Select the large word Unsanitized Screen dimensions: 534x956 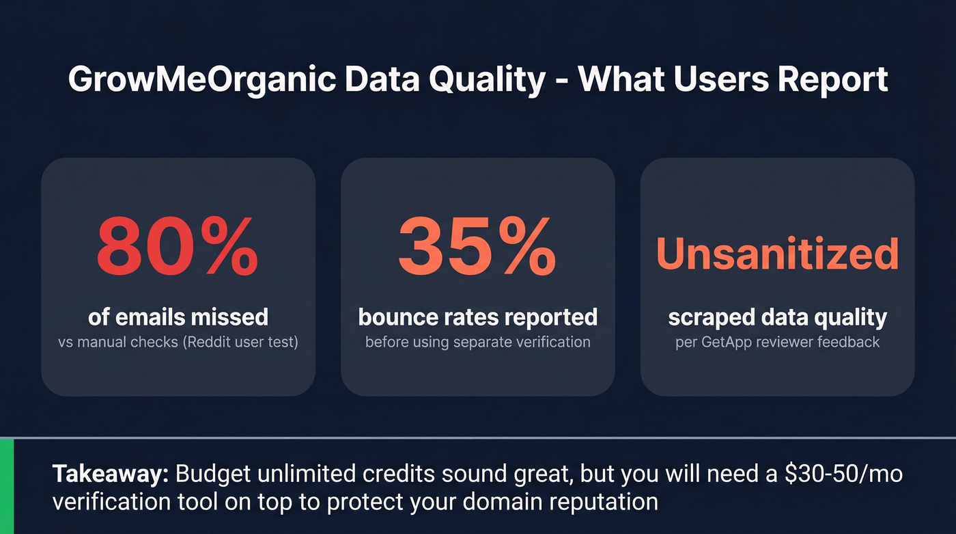pos(777,254)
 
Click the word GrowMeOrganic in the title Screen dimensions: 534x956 pos(202,80)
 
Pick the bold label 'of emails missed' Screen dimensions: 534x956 pos(178,317)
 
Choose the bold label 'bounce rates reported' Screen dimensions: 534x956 pos(477,317)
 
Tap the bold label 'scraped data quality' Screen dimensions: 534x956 pos(777,317)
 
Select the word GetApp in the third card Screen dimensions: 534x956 pos(725,342)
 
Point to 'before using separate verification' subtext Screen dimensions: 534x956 pos(477,342)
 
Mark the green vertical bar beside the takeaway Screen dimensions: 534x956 pos(7,486)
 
